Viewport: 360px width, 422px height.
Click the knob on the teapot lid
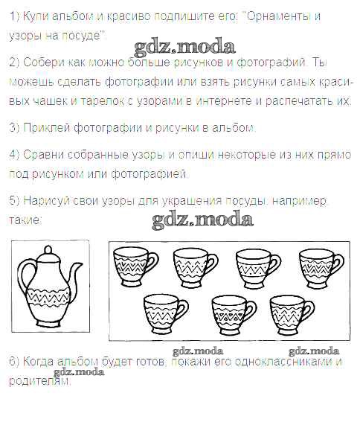click(x=48, y=250)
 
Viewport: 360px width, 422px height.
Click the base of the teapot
click(x=48, y=321)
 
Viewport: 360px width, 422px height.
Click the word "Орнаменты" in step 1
click(x=278, y=16)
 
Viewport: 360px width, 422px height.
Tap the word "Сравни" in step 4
click(x=43, y=155)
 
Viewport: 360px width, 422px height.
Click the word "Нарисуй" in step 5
click(x=46, y=201)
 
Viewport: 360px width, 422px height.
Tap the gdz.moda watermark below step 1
click(x=184, y=48)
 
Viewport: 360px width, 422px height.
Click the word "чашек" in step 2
click(x=51, y=101)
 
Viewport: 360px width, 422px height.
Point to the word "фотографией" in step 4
click(x=149, y=174)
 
